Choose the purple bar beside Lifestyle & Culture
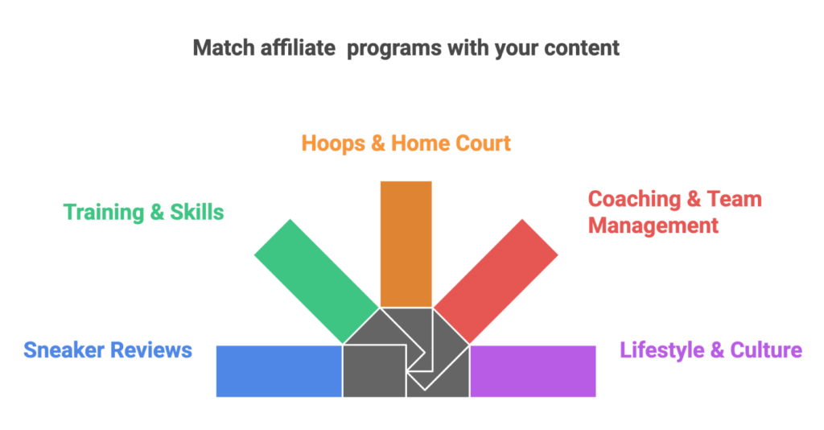point(533,370)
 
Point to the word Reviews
point(153,350)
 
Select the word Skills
point(197,213)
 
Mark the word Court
point(480,144)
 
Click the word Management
point(653,225)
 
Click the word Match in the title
point(217,48)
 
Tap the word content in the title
point(583,48)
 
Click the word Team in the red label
point(735,199)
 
